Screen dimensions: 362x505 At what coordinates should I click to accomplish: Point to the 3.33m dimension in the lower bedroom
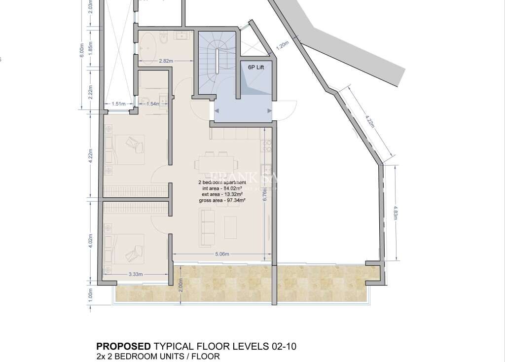point(135,274)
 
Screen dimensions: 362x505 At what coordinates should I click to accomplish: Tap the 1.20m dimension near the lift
point(282,46)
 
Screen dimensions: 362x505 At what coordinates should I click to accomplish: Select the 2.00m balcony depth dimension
point(180,286)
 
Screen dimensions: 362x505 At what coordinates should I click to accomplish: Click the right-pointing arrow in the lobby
point(269,111)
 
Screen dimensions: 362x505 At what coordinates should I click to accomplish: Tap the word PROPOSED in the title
point(123,346)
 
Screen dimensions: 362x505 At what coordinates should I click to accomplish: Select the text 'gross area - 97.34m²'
point(222,200)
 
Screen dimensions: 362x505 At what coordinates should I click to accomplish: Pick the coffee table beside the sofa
point(230,227)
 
